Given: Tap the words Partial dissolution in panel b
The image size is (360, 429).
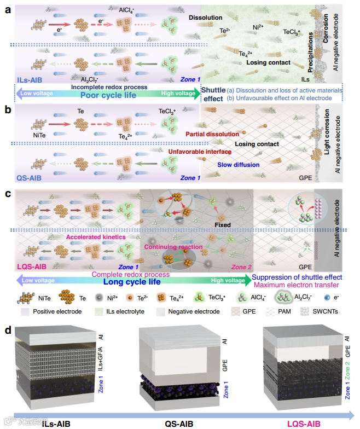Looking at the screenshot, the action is [212, 134].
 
